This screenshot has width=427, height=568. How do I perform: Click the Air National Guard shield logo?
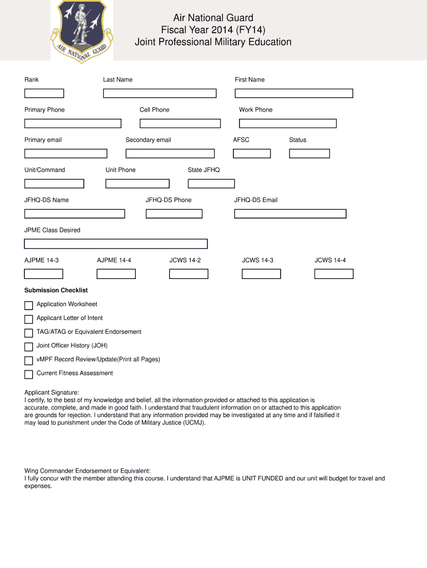click(x=82, y=29)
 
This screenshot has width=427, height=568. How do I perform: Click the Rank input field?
click(x=44, y=93)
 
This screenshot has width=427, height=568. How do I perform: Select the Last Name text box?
click(x=160, y=93)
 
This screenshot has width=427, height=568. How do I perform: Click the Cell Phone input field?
click(x=180, y=123)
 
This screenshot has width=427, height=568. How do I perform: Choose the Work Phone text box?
click(x=287, y=123)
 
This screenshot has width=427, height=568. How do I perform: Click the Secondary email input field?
click(x=170, y=154)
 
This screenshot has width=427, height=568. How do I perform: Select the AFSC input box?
click(x=252, y=154)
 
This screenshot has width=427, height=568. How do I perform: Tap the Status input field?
click(x=309, y=154)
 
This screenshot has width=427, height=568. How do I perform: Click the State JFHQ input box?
click(x=211, y=184)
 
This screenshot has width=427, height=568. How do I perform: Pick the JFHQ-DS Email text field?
click(x=290, y=214)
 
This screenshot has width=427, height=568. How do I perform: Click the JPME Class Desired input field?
click(x=116, y=244)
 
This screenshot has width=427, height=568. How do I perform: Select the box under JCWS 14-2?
click(x=189, y=273)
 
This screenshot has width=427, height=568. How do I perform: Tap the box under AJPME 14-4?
click(x=116, y=273)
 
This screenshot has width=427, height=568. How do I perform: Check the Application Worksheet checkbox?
click(x=29, y=306)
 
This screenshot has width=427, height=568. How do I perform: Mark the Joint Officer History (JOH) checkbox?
click(x=29, y=347)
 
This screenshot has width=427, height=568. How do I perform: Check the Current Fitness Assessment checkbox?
click(x=29, y=374)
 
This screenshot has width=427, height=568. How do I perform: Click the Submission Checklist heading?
click(x=56, y=290)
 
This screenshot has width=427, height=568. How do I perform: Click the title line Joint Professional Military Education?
click(x=213, y=42)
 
